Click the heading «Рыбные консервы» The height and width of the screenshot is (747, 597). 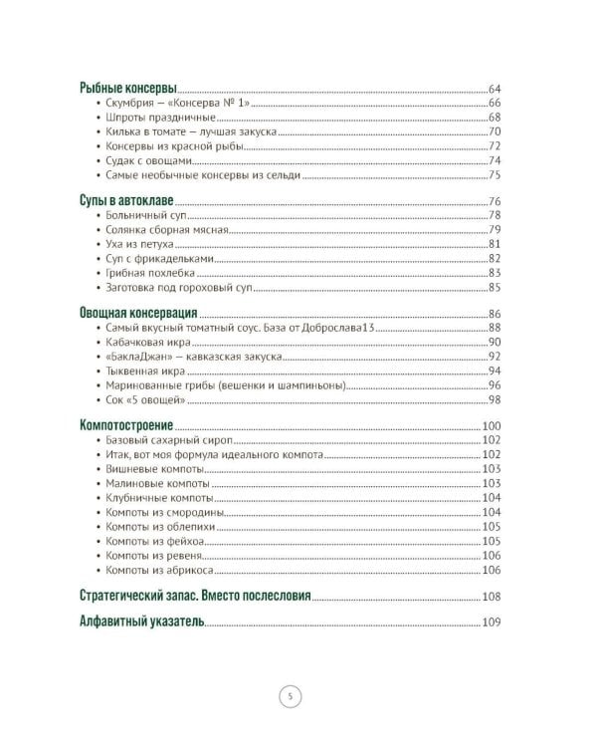click(x=128, y=88)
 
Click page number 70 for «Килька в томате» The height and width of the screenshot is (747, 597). click(x=494, y=131)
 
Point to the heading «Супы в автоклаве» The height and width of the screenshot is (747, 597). click(x=127, y=200)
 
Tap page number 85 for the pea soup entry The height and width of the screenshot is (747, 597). click(x=494, y=288)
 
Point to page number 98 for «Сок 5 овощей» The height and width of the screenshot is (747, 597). click(x=494, y=399)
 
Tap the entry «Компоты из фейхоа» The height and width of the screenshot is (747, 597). click(x=155, y=541)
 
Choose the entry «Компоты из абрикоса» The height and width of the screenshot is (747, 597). click(x=159, y=570)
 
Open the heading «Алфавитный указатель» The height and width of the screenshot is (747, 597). click(x=141, y=622)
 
